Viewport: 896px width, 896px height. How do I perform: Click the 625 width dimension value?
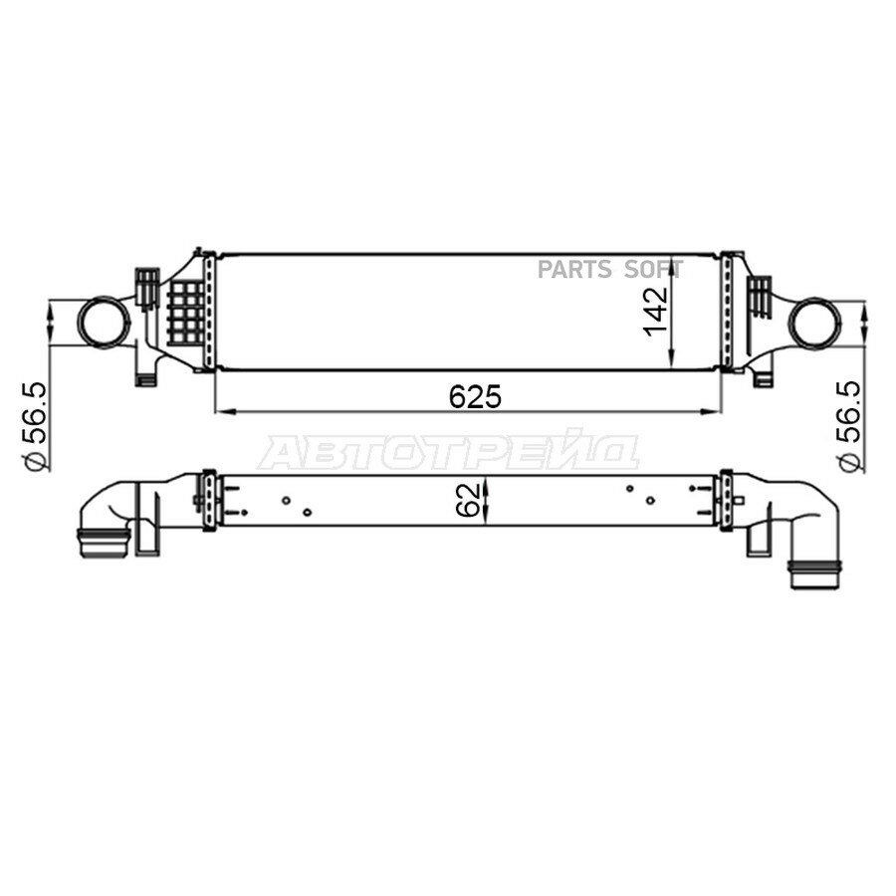coord(475,396)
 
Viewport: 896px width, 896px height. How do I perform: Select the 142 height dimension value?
coord(655,312)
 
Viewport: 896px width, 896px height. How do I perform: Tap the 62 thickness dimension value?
coord(467,500)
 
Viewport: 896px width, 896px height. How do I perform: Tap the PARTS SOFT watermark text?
coord(609,269)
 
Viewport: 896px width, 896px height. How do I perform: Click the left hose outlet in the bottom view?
coord(104,543)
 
